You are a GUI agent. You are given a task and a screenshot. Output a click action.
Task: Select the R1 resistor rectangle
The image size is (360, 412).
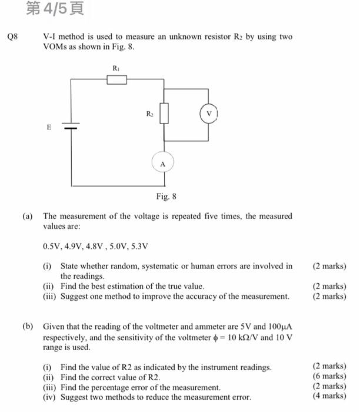pyautogui.click(x=116, y=79)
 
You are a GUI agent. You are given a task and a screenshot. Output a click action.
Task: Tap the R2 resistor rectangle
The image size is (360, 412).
pyautogui.click(x=164, y=114)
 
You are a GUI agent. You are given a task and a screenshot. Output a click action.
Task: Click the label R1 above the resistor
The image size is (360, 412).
pyautogui.click(x=116, y=68)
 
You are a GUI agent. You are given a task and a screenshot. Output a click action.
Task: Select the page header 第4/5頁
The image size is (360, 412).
pyautogui.click(x=55, y=8)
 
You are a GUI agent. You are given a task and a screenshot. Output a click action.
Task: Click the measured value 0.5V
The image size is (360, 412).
pyautogui.click(x=52, y=246)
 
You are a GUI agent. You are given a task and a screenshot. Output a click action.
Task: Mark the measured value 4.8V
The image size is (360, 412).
pyautogui.click(x=94, y=246)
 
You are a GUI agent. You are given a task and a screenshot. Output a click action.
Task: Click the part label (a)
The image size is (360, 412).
pyautogui.click(x=28, y=216)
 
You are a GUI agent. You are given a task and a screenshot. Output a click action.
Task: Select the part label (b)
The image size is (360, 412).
pyautogui.click(x=28, y=326)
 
